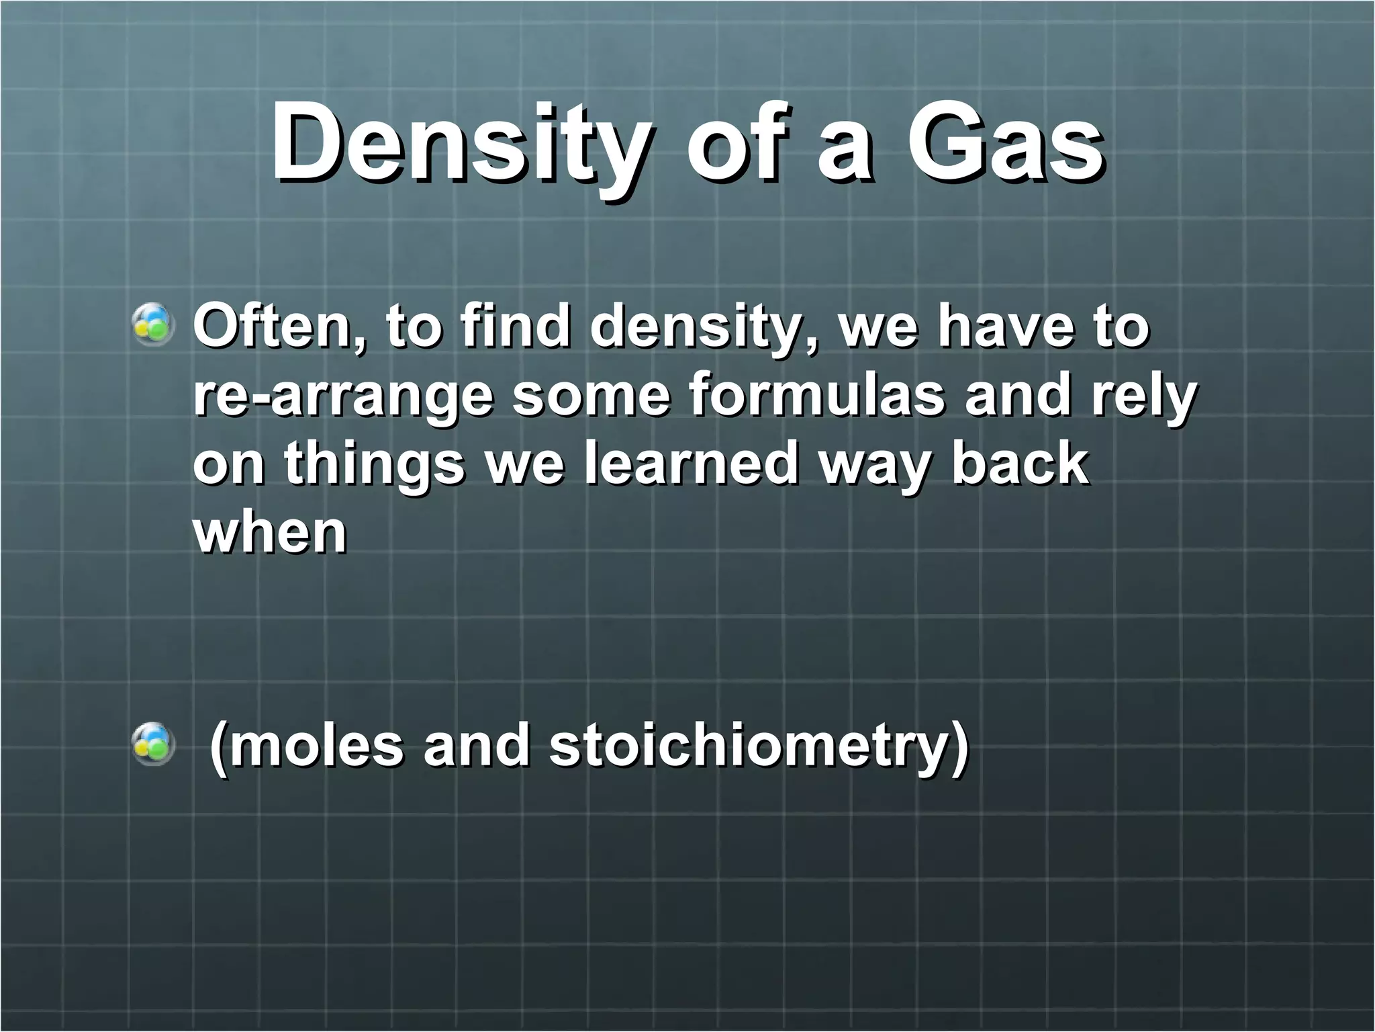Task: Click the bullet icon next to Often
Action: (x=154, y=327)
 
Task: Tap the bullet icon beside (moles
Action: (x=154, y=745)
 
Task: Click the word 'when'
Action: (x=270, y=533)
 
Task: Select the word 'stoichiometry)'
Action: (x=759, y=747)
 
